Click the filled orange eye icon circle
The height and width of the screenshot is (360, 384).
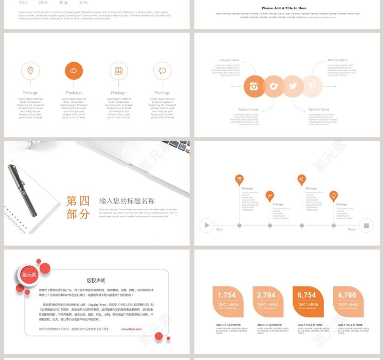[x=74, y=71]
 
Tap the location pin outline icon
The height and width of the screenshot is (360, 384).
[x=30, y=71]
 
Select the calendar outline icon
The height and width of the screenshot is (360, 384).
[x=118, y=71]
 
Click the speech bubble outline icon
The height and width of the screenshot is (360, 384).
[x=162, y=71]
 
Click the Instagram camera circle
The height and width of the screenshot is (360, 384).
[x=254, y=86]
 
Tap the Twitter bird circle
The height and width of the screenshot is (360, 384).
[x=293, y=86]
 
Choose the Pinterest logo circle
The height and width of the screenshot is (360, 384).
[x=312, y=86]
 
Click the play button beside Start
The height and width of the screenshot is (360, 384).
[x=207, y=225]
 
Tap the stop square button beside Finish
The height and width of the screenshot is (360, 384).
[x=366, y=225]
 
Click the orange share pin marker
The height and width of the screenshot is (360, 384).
[x=301, y=179]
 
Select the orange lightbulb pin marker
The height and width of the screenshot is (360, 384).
[x=334, y=196]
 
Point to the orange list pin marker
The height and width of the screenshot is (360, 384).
[x=239, y=179]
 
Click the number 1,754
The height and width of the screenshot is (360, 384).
[x=227, y=295]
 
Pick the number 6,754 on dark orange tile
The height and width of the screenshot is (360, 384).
[x=307, y=295]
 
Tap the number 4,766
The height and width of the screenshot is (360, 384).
[x=347, y=295]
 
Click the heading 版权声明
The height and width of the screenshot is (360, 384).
[x=96, y=281]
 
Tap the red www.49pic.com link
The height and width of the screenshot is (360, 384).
[x=131, y=328]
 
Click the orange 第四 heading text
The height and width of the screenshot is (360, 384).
[x=78, y=201]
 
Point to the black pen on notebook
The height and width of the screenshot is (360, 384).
[x=22, y=190]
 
